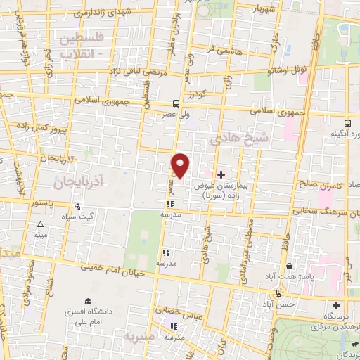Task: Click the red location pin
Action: coord(181,165)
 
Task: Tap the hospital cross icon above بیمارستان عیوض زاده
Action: coord(221,174)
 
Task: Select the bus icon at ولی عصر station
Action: coord(175,103)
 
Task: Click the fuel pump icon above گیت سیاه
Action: coord(77,207)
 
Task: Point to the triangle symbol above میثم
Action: coord(41,226)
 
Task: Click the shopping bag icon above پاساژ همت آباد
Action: coord(290,266)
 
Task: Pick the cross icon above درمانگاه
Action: coord(336,306)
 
